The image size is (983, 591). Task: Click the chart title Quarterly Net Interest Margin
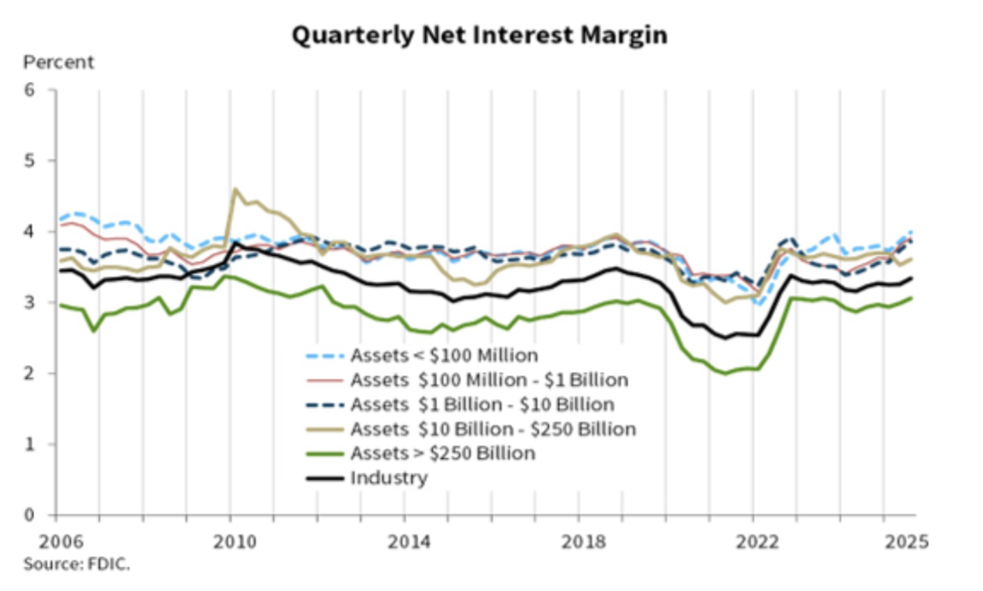479,35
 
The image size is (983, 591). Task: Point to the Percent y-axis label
58,63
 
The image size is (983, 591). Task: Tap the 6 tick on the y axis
29,90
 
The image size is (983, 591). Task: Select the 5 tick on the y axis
29,161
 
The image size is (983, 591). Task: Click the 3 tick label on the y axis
29,302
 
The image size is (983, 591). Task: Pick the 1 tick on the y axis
29,444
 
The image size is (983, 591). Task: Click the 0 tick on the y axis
29,515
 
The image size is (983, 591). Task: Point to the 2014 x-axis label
408,542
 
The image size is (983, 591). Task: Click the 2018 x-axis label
582,542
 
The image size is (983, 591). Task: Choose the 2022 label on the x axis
756,542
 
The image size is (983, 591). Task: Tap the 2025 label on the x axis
906,542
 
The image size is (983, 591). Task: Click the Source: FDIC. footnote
77,564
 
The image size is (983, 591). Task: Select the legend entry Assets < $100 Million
444,355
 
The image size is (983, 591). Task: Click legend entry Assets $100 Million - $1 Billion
489,380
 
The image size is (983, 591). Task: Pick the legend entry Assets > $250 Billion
442,453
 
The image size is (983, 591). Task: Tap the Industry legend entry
388,478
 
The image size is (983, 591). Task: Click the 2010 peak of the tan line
235,188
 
